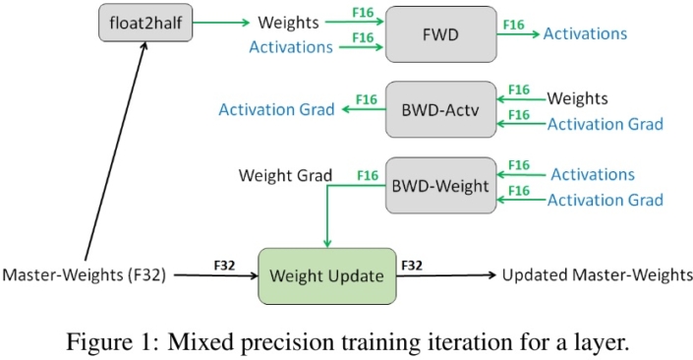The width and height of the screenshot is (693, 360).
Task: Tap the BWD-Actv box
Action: coord(440,109)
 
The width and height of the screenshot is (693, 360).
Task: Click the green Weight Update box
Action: coord(326,275)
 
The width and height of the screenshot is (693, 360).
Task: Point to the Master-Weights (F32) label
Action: coord(86,275)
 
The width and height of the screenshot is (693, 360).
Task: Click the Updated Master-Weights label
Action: coord(597,275)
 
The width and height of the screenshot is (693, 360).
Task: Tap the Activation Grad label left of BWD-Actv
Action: coord(276,108)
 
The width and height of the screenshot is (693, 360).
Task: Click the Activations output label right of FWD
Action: coord(585,33)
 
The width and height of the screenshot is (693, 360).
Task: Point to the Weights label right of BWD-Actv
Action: coord(577,98)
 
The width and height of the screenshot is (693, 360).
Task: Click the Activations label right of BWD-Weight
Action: coord(592,174)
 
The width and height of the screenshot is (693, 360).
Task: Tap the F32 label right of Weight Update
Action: coord(413,265)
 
